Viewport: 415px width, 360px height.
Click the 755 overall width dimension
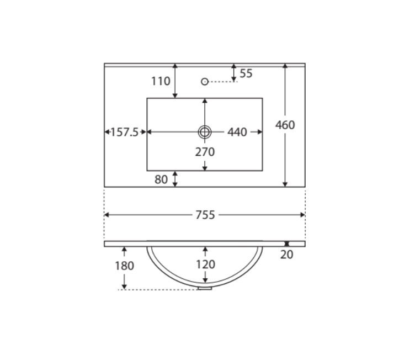205,215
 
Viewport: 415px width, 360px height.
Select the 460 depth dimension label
285,125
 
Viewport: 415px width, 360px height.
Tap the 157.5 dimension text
124,132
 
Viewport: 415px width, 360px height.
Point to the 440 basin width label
237,132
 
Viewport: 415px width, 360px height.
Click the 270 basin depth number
205,152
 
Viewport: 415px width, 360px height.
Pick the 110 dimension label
161,81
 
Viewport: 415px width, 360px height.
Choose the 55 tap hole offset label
246,73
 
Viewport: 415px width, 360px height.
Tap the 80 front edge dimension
161,179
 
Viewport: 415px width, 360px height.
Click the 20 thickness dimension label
286,255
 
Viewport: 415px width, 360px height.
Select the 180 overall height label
124,266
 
